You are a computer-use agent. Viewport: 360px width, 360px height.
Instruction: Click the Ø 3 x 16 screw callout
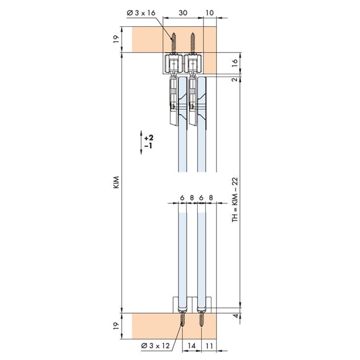coord(141,13)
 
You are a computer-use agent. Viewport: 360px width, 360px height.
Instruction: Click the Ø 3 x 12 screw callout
coord(155,346)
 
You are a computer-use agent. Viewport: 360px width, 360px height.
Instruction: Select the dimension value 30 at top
coord(183,13)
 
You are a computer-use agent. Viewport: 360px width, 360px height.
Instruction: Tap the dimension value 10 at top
coord(210,13)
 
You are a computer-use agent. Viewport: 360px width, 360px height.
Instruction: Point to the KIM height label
coord(117,182)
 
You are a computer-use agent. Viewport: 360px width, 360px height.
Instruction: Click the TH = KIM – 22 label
coord(235,200)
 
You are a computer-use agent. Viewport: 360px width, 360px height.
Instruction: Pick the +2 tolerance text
coord(149,138)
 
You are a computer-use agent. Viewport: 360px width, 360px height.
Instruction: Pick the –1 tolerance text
coord(149,146)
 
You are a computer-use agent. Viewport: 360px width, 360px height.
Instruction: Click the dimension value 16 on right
coord(234,63)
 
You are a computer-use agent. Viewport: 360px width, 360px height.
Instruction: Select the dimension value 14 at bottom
coord(191,346)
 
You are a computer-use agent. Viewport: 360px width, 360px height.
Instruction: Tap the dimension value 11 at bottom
coord(209,346)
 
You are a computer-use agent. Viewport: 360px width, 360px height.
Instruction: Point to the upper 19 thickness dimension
coord(117,39)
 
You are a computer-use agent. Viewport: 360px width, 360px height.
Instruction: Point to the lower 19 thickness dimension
coord(117,326)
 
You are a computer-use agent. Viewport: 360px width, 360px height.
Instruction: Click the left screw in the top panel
coord(174,43)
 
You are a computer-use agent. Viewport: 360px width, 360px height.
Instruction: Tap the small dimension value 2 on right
coord(235,79)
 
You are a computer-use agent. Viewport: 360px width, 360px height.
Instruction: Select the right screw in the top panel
coord(193,43)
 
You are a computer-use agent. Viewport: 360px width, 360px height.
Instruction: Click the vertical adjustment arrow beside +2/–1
coord(141,143)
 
